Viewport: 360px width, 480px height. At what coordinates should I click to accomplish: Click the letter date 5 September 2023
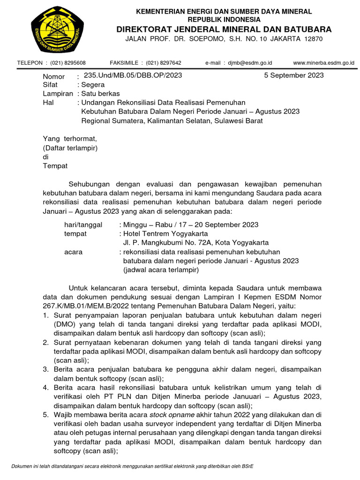coord(293,75)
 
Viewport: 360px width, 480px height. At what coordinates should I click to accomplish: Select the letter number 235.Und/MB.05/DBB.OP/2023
coord(132,75)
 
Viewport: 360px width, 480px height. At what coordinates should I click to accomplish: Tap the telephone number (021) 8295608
coord(68,63)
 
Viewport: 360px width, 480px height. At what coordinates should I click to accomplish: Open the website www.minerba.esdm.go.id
coord(323,63)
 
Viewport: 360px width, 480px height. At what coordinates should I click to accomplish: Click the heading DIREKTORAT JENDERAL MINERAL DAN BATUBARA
coord(224,29)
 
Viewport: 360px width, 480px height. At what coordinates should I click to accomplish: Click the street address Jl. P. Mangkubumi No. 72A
coord(178,242)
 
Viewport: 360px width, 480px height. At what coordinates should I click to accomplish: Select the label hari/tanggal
coord(83,225)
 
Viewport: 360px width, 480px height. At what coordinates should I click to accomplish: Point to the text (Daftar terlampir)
coord(70,148)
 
